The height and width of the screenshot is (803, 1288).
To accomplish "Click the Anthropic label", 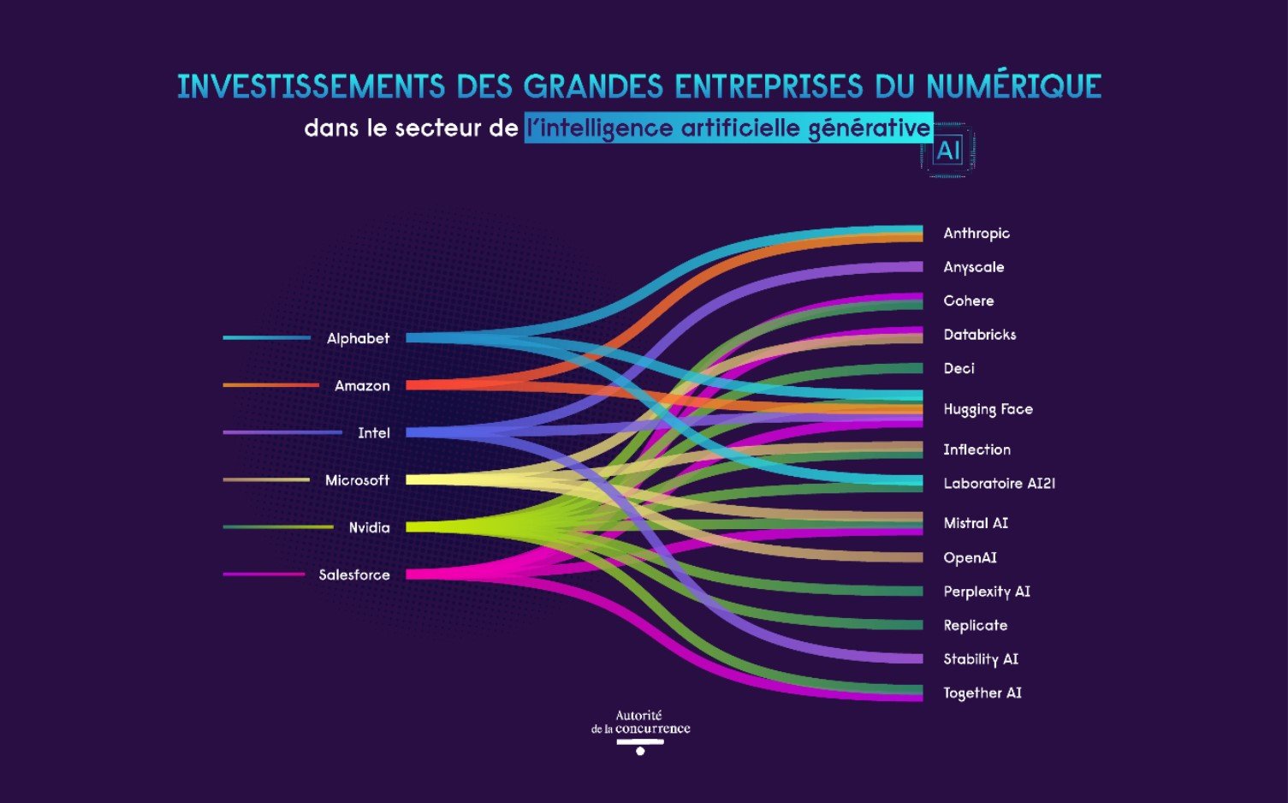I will click(x=976, y=233).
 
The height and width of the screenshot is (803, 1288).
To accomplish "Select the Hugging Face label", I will click(x=988, y=409).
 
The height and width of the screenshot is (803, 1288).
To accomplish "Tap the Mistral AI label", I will click(x=975, y=523).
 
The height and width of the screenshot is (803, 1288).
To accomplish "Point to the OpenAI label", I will click(x=970, y=557).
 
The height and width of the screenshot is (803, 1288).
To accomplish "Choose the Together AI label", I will click(x=982, y=693).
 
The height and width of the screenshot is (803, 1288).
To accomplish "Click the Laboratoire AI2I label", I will click(x=999, y=484).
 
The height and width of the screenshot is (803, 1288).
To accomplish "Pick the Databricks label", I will click(x=979, y=335).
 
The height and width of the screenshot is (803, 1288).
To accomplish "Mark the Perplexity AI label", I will click(x=986, y=592).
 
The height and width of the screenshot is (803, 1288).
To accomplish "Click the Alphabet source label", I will click(x=358, y=338).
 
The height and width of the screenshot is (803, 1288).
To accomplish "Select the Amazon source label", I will click(x=362, y=386).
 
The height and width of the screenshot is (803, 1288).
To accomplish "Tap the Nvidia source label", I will click(x=369, y=527).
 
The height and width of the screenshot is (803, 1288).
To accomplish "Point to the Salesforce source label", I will click(x=353, y=574).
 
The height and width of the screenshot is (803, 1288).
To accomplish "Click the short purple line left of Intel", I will click(x=282, y=432).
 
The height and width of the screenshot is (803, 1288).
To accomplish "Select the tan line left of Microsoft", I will click(x=265, y=479).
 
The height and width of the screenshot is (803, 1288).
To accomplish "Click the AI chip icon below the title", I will click(x=948, y=152).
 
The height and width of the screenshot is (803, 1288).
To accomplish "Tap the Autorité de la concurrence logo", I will click(x=640, y=730).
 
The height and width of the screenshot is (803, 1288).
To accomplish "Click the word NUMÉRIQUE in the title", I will click(x=1013, y=86).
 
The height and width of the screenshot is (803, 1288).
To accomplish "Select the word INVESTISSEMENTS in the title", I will click(x=311, y=86).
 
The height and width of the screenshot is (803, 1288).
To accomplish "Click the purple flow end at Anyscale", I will click(x=907, y=267).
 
